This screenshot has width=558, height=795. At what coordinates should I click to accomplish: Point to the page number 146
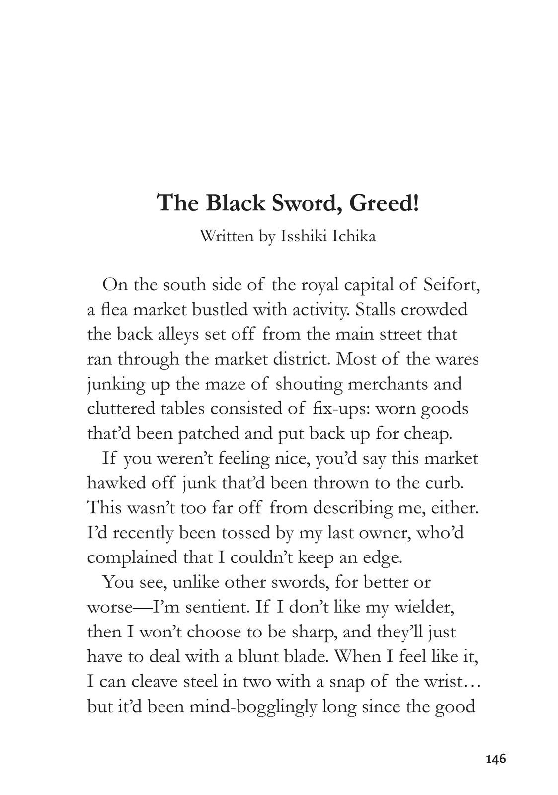click(x=495, y=759)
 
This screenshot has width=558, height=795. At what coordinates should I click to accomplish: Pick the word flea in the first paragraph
click(x=114, y=310)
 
